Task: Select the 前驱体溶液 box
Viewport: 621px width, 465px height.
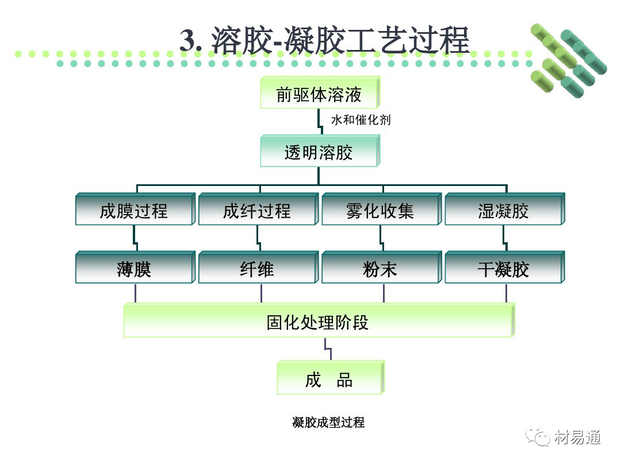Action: [319, 94]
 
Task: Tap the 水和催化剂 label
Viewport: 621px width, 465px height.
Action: [361, 121]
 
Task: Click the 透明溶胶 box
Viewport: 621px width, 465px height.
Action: [319, 152]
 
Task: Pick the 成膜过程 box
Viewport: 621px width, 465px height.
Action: [134, 211]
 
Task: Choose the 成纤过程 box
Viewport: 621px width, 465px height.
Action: [257, 211]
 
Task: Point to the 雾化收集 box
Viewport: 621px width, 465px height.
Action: [380, 211]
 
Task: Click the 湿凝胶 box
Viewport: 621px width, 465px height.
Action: [504, 211]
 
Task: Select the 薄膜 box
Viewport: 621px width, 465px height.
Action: [134, 269]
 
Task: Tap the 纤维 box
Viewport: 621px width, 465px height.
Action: [257, 269]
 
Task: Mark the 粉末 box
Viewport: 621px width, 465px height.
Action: [380, 269]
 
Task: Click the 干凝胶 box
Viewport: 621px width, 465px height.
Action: [504, 269]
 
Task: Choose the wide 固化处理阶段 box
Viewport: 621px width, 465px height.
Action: [318, 322]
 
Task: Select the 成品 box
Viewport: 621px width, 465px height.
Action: [329, 379]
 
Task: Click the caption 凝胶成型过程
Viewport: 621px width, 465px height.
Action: [328, 423]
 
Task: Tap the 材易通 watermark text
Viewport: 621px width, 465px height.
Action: [578, 437]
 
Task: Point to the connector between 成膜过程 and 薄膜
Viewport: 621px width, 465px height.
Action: [135, 238]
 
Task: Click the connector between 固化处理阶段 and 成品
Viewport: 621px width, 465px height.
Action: [327, 349]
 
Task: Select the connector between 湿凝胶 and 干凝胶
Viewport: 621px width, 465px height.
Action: [504, 238]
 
